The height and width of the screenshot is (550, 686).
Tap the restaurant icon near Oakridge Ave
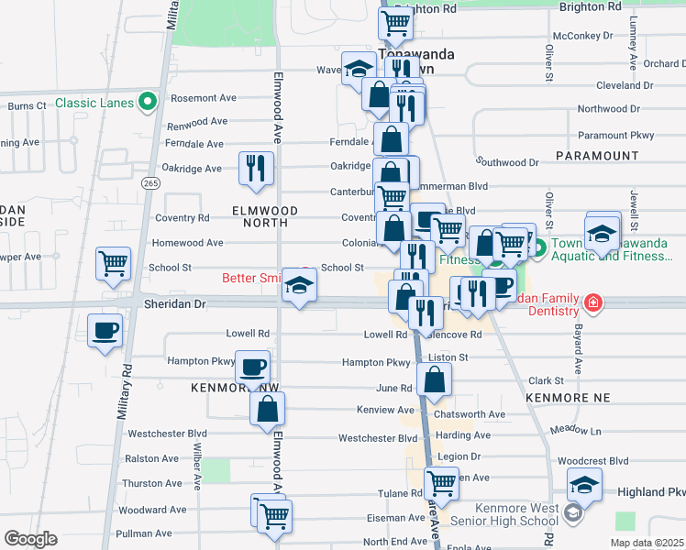254,168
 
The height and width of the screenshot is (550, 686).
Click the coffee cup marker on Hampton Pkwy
252,367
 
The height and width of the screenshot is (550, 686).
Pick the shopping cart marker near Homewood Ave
114,262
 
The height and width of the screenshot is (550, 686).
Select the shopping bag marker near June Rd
434,378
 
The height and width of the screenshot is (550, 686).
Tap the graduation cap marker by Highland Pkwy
584,483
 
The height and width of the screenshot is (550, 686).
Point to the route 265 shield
149,183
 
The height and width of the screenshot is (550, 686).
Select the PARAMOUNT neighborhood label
596,156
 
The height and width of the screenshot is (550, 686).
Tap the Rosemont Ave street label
204,98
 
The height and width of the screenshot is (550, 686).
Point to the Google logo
31,539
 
